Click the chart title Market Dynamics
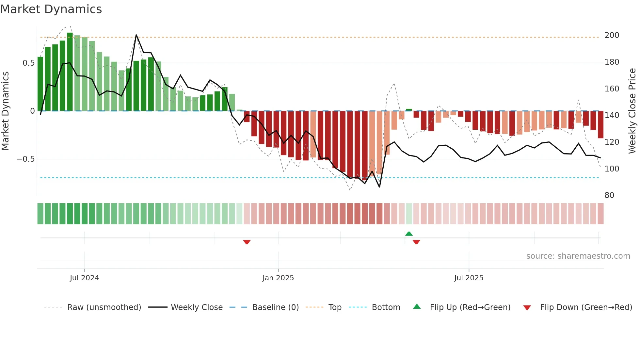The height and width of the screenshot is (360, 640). click(x=51, y=9)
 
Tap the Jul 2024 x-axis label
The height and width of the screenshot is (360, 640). click(x=84, y=278)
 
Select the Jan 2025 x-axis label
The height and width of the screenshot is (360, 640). click(x=278, y=278)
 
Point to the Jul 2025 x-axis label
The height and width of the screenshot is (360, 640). click(x=469, y=278)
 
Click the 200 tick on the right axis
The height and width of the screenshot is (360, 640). click(x=612, y=35)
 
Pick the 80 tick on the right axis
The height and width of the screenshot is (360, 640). click(x=609, y=195)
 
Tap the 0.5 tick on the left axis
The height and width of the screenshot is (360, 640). click(x=28, y=63)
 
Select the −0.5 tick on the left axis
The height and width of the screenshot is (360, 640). click(x=25, y=159)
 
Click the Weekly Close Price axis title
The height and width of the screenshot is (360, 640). click(x=632, y=111)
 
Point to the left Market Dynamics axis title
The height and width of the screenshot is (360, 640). click(x=6, y=111)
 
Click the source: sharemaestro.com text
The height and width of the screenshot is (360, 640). click(x=578, y=256)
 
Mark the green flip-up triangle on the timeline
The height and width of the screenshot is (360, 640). click(x=409, y=234)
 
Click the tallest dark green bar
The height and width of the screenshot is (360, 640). click(x=70, y=72)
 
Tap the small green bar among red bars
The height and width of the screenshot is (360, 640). click(x=409, y=110)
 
